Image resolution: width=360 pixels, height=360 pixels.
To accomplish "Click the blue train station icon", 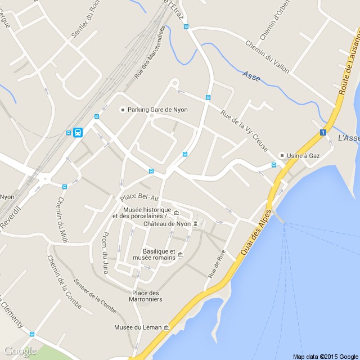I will [x=78, y=133].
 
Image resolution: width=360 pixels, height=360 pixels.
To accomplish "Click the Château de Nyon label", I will [x=167, y=224].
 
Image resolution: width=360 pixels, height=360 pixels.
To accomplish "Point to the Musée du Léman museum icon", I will [x=166, y=327].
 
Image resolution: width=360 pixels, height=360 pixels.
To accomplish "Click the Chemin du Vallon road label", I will [x=267, y=56].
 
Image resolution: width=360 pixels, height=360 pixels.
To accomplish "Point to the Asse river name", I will [x=251, y=76].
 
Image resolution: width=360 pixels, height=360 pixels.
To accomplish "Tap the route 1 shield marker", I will [x=323, y=133].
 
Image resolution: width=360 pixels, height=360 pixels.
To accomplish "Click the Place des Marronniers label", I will [x=147, y=296].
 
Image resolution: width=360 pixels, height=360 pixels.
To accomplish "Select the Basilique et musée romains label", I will [x=159, y=254].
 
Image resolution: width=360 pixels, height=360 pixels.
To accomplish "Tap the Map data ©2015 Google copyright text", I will [x=325, y=356].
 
